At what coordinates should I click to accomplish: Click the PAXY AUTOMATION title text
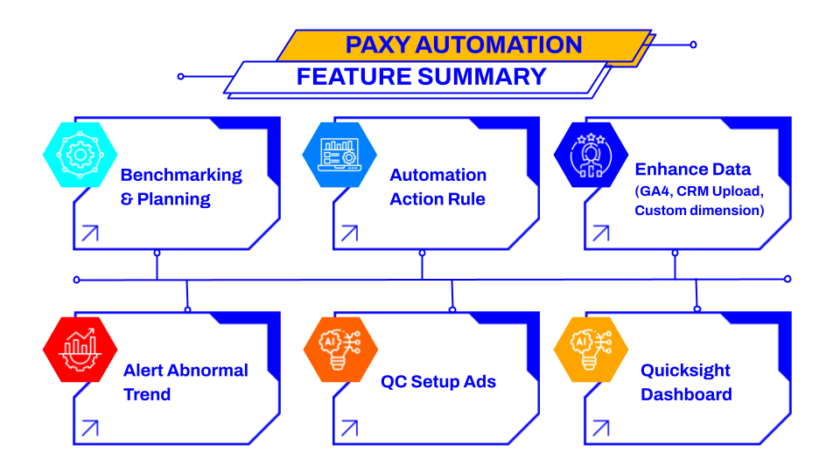[x=464, y=45]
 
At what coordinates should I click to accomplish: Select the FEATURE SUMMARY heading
[x=421, y=77]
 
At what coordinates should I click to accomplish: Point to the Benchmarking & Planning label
[x=181, y=187]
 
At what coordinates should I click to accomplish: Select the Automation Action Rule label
[x=437, y=187]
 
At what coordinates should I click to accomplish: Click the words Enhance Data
[x=693, y=169]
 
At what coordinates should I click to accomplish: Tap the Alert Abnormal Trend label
[x=185, y=382]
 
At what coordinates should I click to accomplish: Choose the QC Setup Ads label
[x=438, y=382]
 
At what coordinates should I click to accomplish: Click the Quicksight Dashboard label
[x=686, y=382]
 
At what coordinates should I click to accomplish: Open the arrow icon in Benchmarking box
[x=90, y=233]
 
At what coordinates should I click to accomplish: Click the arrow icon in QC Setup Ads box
[x=349, y=428]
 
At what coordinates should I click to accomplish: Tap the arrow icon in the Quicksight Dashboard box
[x=600, y=428]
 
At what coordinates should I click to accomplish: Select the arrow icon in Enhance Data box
[x=600, y=233]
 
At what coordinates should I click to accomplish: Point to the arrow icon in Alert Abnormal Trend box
[x=90, y=428]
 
